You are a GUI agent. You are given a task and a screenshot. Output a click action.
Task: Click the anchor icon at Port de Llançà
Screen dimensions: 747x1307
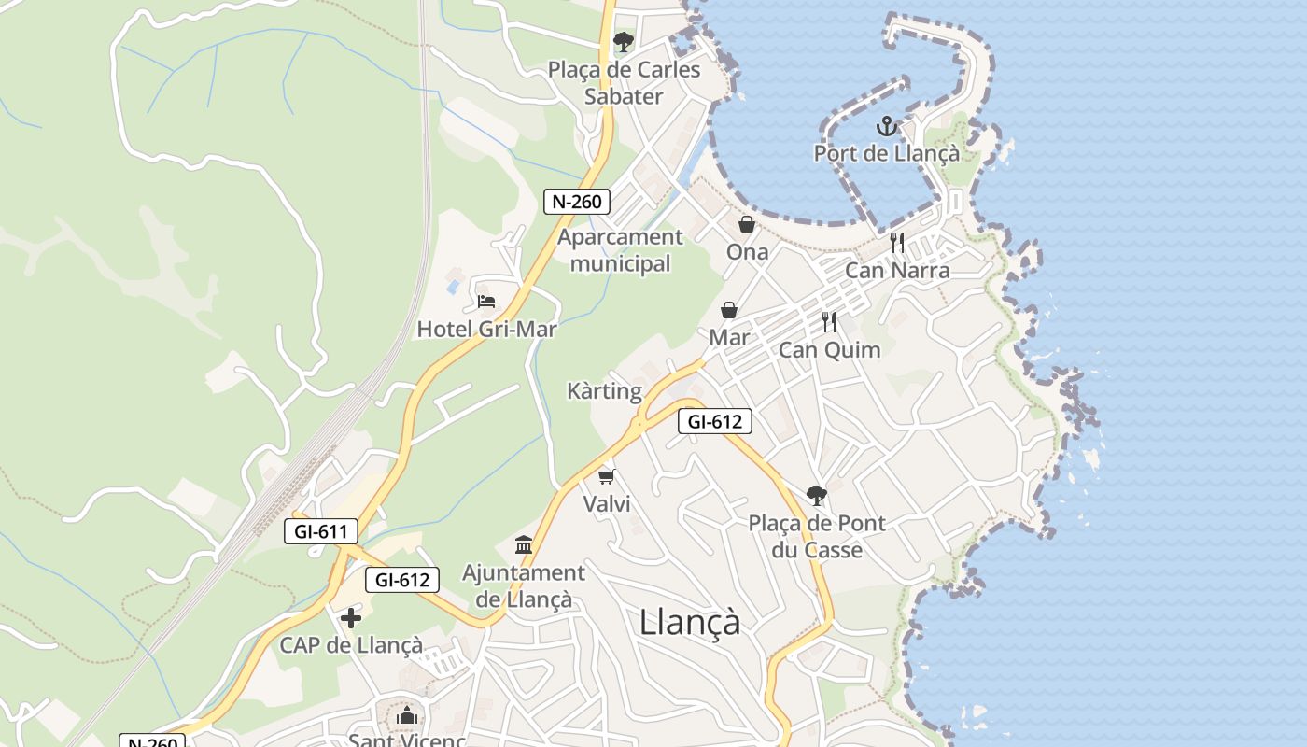[x=886, y=126]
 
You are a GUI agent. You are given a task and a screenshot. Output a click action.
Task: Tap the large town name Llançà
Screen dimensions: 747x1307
[x=690, y=622]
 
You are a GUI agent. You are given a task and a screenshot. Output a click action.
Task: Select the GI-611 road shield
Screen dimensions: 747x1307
[x=321, y=532]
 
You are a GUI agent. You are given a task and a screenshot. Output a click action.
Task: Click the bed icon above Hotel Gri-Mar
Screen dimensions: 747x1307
[x=486, y=302]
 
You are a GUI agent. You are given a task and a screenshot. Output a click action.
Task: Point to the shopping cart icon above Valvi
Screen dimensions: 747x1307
[x=607, y=477]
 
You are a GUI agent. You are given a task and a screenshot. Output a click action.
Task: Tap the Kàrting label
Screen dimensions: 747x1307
[x=605, y=391]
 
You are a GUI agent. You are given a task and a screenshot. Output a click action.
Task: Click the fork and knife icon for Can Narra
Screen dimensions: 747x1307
[x=897, y=243]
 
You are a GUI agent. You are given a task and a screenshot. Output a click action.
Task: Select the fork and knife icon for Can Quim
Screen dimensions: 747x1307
[x=829, y=322]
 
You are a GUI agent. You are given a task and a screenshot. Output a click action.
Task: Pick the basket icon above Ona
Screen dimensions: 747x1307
[x=747, y=224]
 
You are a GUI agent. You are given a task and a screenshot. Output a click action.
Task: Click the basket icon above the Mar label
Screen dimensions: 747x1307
[x=729, y=310]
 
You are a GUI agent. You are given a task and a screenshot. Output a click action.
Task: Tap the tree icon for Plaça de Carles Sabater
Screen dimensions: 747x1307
[x=623, y=42]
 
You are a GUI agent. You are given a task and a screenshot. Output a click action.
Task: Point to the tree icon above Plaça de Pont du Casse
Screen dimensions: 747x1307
[x=817, y=495]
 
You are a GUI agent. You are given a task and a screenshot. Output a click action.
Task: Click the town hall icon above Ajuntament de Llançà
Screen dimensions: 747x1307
[x=524, y=544]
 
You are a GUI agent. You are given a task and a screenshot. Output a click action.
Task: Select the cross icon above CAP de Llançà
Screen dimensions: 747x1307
[x=351, y=617]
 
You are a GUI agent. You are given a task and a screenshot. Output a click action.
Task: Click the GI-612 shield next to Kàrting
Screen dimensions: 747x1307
[x=714, y=421]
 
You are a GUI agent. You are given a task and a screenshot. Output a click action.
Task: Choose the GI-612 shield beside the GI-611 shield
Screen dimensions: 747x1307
[x=401, y=580]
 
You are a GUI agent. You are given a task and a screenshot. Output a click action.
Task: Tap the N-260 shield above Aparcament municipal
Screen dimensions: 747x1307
[x=577, y=201]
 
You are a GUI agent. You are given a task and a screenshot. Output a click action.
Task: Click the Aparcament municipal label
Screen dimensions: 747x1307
[x=621, y=250]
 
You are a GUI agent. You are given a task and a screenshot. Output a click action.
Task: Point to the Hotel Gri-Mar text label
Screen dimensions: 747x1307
[x=486, y=329]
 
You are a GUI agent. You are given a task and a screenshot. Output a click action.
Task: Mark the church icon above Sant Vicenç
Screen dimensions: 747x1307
[x=406, y=716]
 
